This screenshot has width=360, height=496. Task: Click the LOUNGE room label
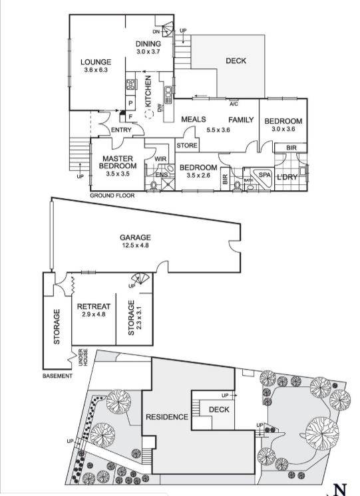[x=97, y=61]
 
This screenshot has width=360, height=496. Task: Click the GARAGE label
[x=135, y=237]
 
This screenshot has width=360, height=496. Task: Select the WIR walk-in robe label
[x=160, y=159]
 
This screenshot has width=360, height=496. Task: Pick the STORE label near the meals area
[x=186, y=146]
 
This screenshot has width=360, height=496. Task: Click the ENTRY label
[x=121, y=130]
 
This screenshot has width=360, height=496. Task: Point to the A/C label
[x=234, y=104]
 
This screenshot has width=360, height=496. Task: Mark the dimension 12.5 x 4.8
[x=135, y=245]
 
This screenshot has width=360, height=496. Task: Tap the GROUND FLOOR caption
[x=112, y=195]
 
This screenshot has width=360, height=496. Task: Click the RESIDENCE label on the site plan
[x=166, y=416]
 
